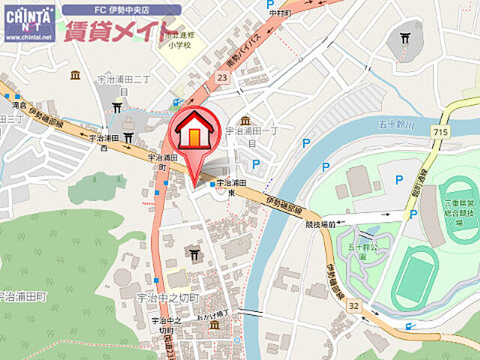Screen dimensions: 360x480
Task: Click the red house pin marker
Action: (x=194, y=135)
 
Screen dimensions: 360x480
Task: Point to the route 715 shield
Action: (x=440, y=132)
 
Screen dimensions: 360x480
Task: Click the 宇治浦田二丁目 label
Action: (x=123, y=82)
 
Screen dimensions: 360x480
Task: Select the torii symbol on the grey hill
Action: (x=405, y=38)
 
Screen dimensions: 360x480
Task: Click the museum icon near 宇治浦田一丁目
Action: (x=245, y=120)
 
